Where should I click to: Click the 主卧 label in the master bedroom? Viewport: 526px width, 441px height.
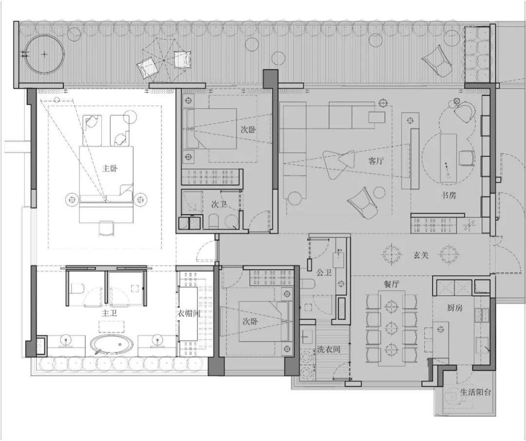pyautogui.click(x=110, y=169)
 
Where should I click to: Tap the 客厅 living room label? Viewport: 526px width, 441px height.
pyautogui.click(x=376, y=161)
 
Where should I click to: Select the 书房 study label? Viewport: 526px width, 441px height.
pyautogui.click(x=449, y=195)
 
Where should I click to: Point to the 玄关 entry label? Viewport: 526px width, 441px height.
pyautogui.click(x=421, y=255)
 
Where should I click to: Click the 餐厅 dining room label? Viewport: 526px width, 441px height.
pyautogui.click(x=391, y=284)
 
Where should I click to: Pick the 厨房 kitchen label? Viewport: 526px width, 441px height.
pyautogui.click(x=455, y=307)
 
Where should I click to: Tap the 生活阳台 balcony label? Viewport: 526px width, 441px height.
pyautogui.click(x=475, y=392)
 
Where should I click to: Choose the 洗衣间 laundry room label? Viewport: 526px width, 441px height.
pyautogui.click(x=329, y=349)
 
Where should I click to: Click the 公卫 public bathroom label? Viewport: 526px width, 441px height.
pyautogui.click(x=324, y=272)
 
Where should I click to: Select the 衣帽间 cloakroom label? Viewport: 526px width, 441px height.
pyautogui.click(x=188, y=313)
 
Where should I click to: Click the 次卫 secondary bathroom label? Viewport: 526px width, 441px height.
pyautogui.click(x=219, y=204)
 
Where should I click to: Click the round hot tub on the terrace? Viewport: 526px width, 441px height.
pyautogui.click(x=45, y=54)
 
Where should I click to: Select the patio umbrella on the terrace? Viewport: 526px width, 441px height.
pyautogui.click(x=163, y=60)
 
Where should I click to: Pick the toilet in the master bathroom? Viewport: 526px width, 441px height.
pyautogui.click(x=77, y=288)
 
